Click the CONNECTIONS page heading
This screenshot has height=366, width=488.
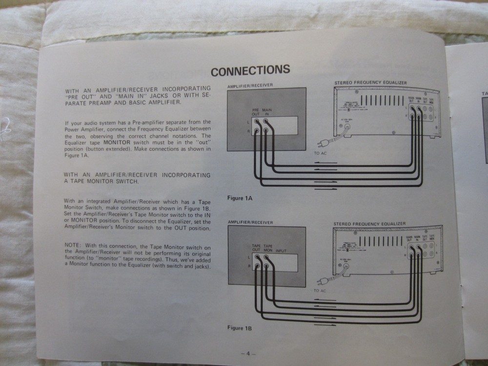pos(250,71)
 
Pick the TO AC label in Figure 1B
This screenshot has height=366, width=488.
pos(320,290)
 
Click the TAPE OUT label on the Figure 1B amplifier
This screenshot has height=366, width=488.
pos(256,248)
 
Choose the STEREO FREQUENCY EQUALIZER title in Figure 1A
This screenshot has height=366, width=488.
pos(370,83)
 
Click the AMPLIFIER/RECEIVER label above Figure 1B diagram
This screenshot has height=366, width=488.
pos(250,223)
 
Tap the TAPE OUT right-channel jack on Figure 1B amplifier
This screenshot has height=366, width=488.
pos(256,267)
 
